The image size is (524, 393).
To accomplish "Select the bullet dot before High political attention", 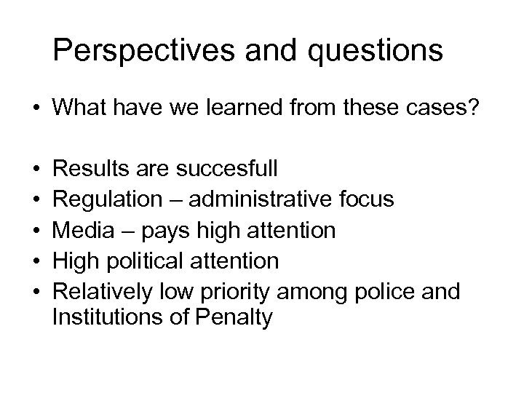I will (35, 261).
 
